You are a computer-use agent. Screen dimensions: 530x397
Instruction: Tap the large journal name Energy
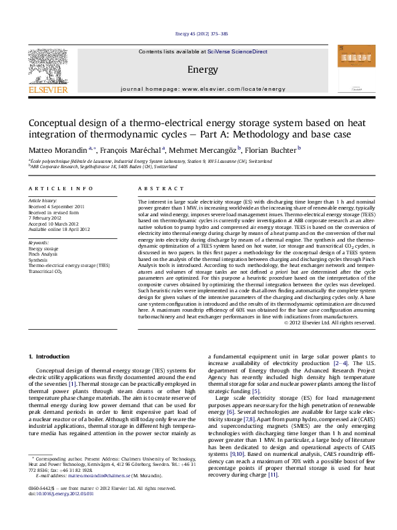202,70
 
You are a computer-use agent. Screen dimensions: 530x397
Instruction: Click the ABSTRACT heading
157,190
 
